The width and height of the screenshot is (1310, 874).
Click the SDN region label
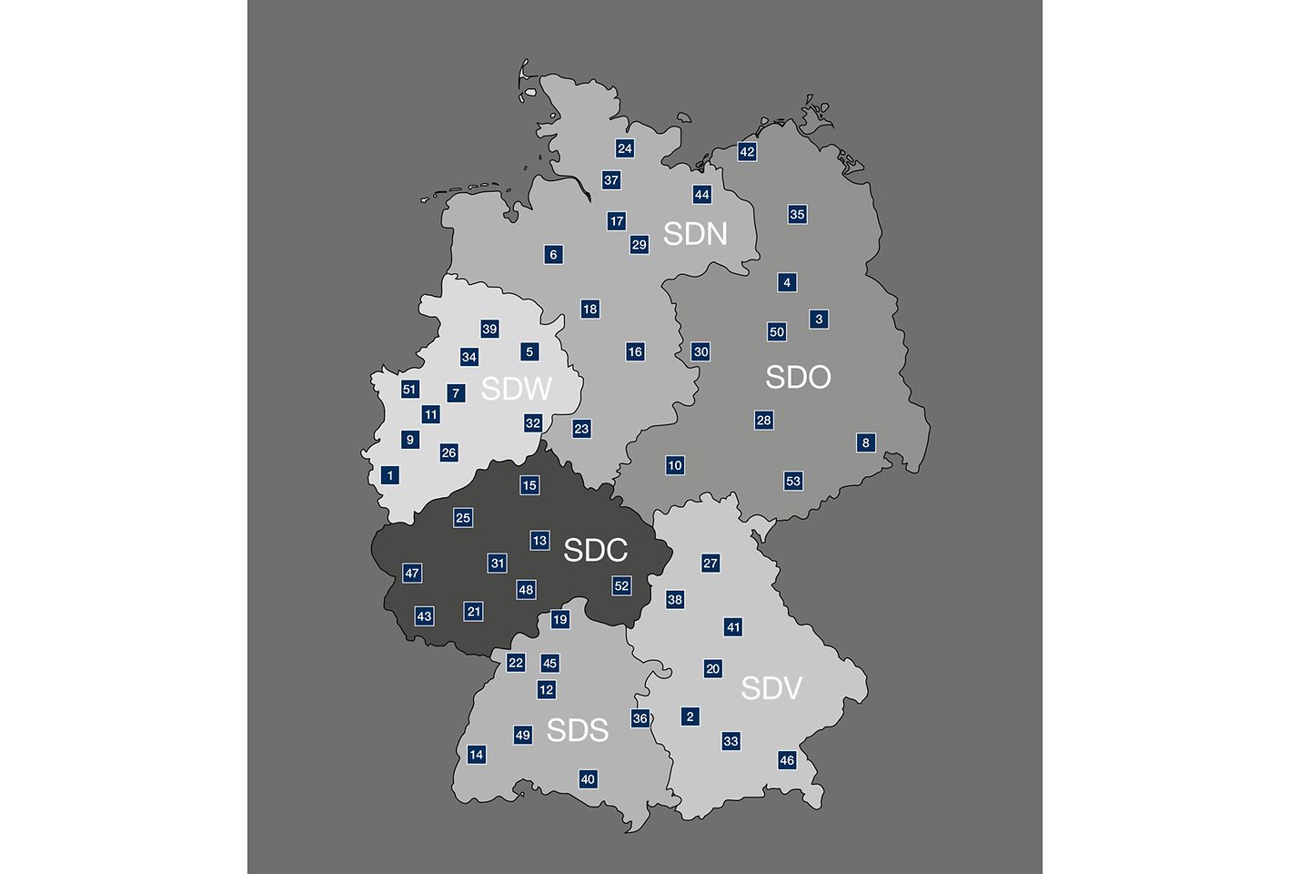[695, 234]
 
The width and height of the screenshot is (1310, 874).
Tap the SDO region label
[798, 377]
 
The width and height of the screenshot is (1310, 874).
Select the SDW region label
[516, 389]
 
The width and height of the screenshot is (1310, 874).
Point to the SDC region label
[595, 550]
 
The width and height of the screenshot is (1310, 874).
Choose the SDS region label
[577, 730]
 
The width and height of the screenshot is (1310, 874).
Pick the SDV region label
[771, 688]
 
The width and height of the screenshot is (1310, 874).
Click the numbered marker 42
[747, 152]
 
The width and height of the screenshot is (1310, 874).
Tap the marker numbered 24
[624, 148]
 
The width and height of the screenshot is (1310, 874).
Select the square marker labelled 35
[797, 215]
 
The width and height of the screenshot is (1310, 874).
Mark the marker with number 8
[865, 443]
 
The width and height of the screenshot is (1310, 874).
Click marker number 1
[390, 475]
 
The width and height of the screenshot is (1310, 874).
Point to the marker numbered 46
[787, 760]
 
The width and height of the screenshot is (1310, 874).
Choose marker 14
[476, 755]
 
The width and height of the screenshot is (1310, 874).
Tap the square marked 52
[621, 586]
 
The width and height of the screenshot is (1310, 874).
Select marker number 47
[412, 574]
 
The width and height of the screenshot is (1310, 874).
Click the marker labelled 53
[793, 481]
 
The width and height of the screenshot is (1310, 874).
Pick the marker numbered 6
[553, 255]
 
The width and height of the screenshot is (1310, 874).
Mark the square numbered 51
[409, 390]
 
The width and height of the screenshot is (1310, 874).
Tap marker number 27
[710, 564]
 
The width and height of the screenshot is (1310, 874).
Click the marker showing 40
[588, 779]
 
